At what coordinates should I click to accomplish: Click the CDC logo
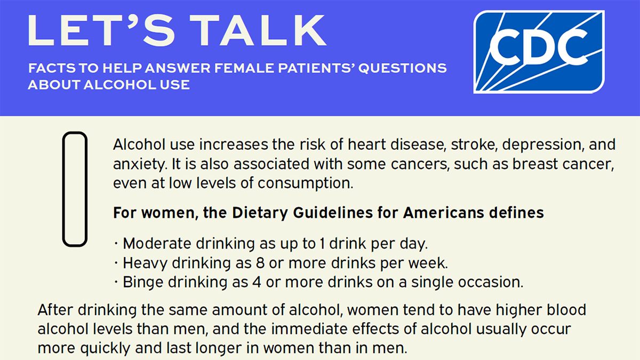point(539,52)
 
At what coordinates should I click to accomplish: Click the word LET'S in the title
point(101,30)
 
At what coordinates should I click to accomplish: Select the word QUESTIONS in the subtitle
point(402,68)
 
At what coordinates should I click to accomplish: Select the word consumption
point(306,183)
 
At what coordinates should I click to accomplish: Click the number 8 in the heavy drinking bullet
point(260,263)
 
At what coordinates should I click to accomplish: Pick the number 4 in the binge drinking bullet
point(257,282)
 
